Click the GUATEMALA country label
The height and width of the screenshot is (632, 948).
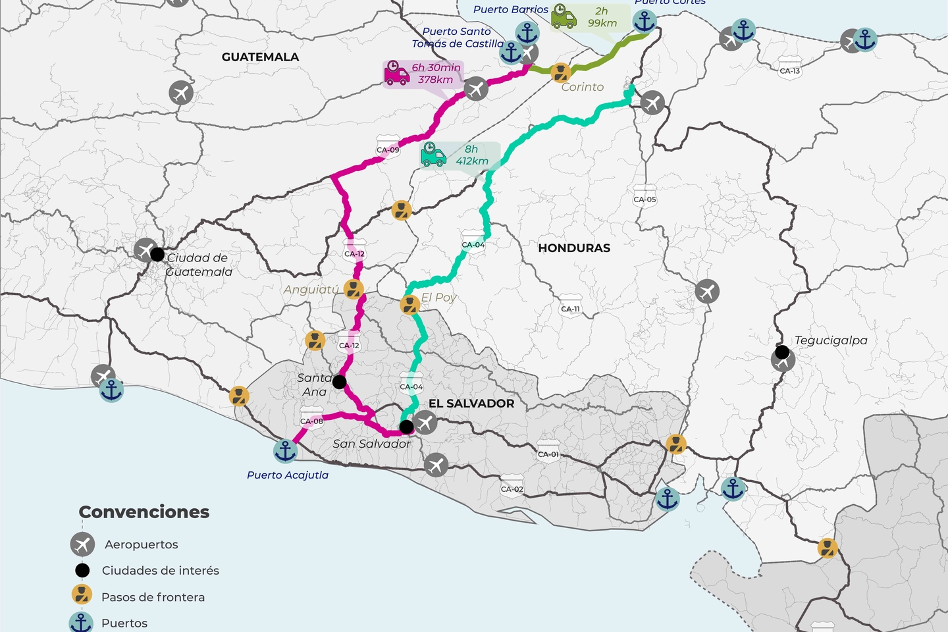[260, 57]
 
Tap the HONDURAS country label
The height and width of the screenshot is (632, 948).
[574, 248]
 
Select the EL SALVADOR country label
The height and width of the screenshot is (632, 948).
[471, 404]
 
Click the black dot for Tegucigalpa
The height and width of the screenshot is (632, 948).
[782, 352]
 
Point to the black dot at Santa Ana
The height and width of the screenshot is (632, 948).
[339, 382]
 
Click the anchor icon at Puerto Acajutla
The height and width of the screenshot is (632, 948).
[285, 451]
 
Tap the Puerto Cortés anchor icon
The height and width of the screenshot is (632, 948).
[645, 21]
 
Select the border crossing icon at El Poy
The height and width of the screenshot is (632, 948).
[410, 305]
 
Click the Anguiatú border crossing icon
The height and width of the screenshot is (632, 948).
[354, 289]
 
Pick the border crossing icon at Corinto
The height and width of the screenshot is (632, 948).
[560, 72]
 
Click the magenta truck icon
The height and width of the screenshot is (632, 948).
[396, 74]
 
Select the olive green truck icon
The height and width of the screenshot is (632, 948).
[564, 16]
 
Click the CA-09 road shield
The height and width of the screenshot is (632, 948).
[388, 149]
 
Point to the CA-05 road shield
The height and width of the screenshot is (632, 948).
[645, 199]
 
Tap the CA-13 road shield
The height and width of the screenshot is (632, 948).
[789, 70]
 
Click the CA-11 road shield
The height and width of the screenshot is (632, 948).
[570, 308]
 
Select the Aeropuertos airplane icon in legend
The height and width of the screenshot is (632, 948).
[82, 544]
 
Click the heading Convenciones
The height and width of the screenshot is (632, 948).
[144, 512]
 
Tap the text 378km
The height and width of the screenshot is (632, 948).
[436, 80]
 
